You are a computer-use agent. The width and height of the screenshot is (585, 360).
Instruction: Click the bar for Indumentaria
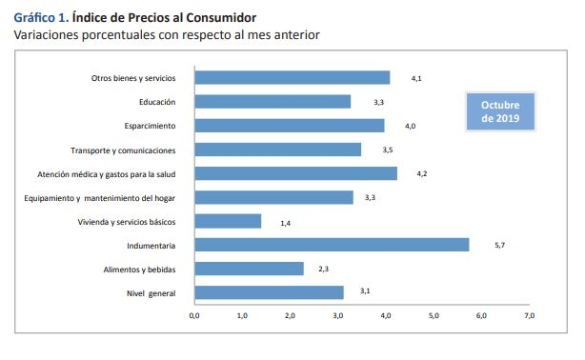332,245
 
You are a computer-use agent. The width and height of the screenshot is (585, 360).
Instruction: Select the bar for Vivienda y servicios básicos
228,221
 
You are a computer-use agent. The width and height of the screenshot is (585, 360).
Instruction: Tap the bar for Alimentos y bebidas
249,269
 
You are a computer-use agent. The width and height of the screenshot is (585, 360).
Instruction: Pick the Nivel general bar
269,292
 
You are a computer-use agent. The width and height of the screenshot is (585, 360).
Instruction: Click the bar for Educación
272,101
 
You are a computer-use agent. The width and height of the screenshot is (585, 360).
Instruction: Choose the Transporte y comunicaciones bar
277,150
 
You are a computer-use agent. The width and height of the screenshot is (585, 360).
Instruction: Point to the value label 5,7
499,246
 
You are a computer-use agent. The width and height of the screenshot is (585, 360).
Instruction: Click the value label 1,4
285,222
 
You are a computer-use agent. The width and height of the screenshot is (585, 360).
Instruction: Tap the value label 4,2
420,174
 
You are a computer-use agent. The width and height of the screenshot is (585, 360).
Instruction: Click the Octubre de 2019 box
500,111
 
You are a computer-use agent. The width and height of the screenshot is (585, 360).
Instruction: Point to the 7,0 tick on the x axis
530,315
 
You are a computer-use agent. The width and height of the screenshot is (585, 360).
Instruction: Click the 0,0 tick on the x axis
194,315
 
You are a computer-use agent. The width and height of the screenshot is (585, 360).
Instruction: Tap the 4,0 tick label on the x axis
386,315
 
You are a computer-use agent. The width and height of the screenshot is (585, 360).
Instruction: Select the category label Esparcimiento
151,126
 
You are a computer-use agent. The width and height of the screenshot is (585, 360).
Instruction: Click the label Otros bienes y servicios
132,78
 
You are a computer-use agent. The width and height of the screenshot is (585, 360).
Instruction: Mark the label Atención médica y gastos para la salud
107,173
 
